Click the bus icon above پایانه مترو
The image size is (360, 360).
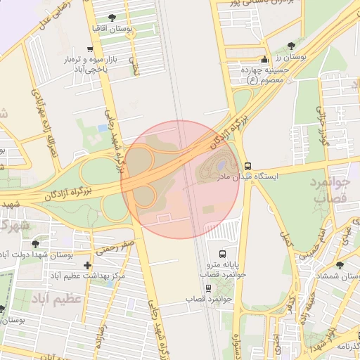click(223, 253)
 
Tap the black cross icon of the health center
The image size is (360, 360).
click(87, 265)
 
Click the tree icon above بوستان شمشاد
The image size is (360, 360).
click(340, 265)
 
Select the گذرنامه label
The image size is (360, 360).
click(347, 347)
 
